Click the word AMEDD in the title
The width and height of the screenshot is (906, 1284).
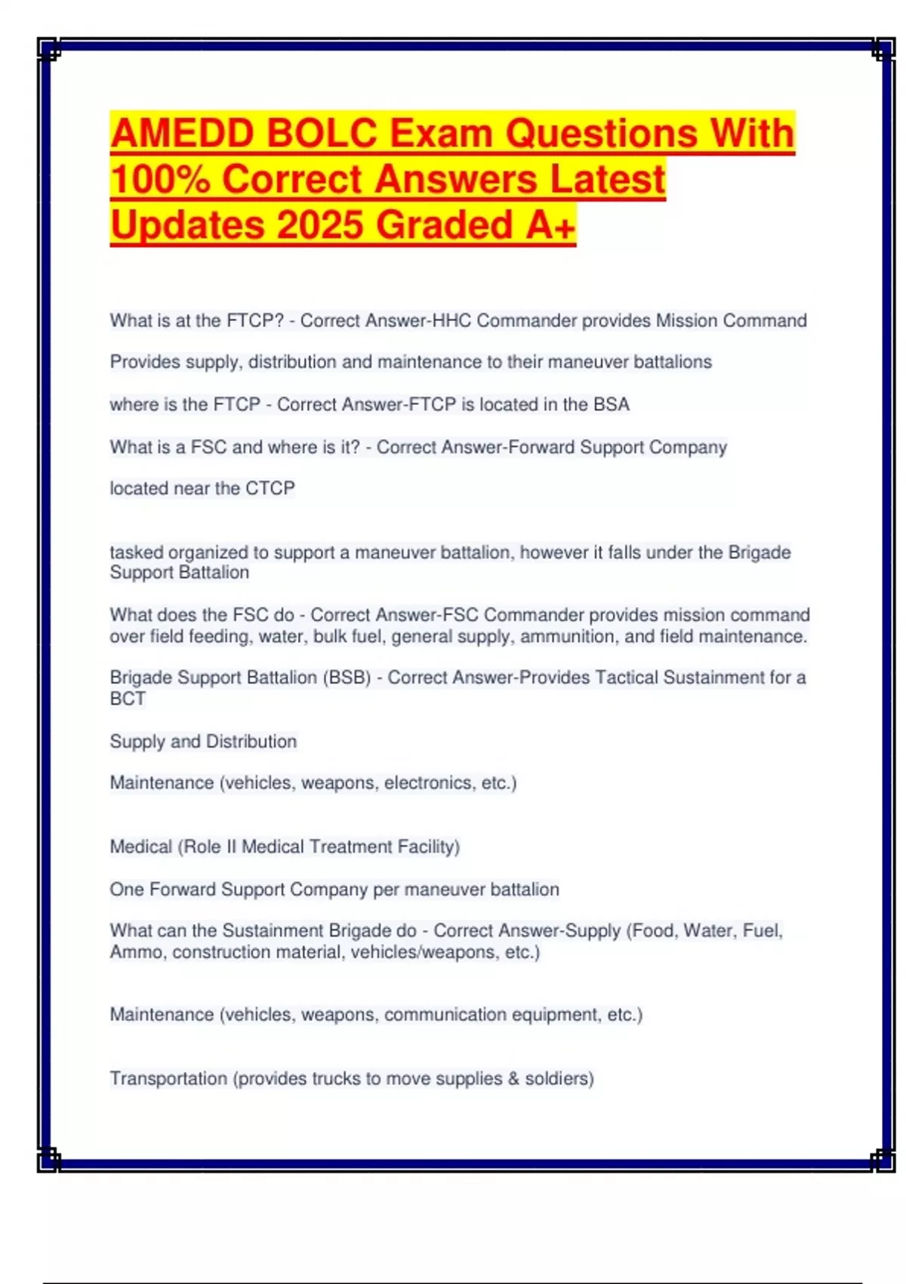coord(182,133)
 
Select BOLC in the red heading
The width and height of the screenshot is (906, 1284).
coord(322,133)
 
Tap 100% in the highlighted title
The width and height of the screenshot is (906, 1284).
coord(161,179)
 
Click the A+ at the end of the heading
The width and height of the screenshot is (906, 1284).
coord(550,225)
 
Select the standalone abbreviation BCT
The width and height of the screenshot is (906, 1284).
coord(128,699)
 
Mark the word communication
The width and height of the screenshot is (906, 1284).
coord(445,1014)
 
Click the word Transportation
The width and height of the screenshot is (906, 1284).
coord(168,1079)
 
